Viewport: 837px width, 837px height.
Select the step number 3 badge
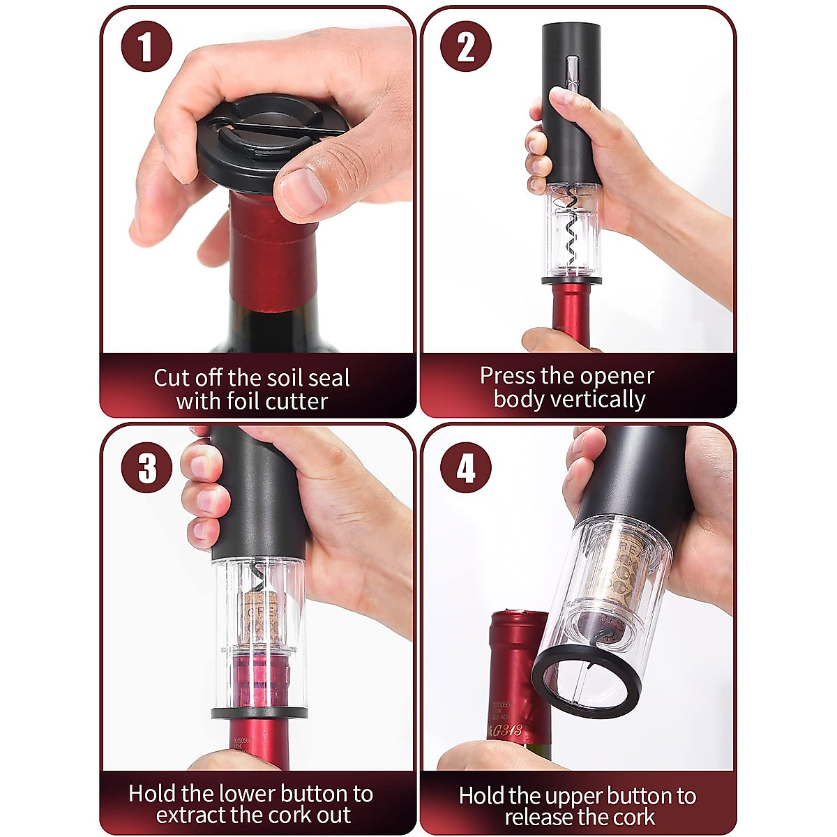coord(146,467)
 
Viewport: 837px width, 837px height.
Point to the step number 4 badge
coord(466,467)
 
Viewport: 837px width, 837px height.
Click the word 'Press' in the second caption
coord(505,376)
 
